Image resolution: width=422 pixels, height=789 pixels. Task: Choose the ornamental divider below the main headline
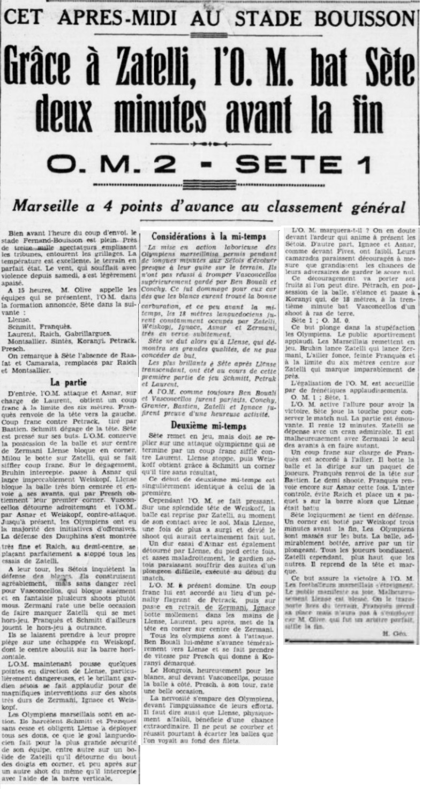click(210, 145)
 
